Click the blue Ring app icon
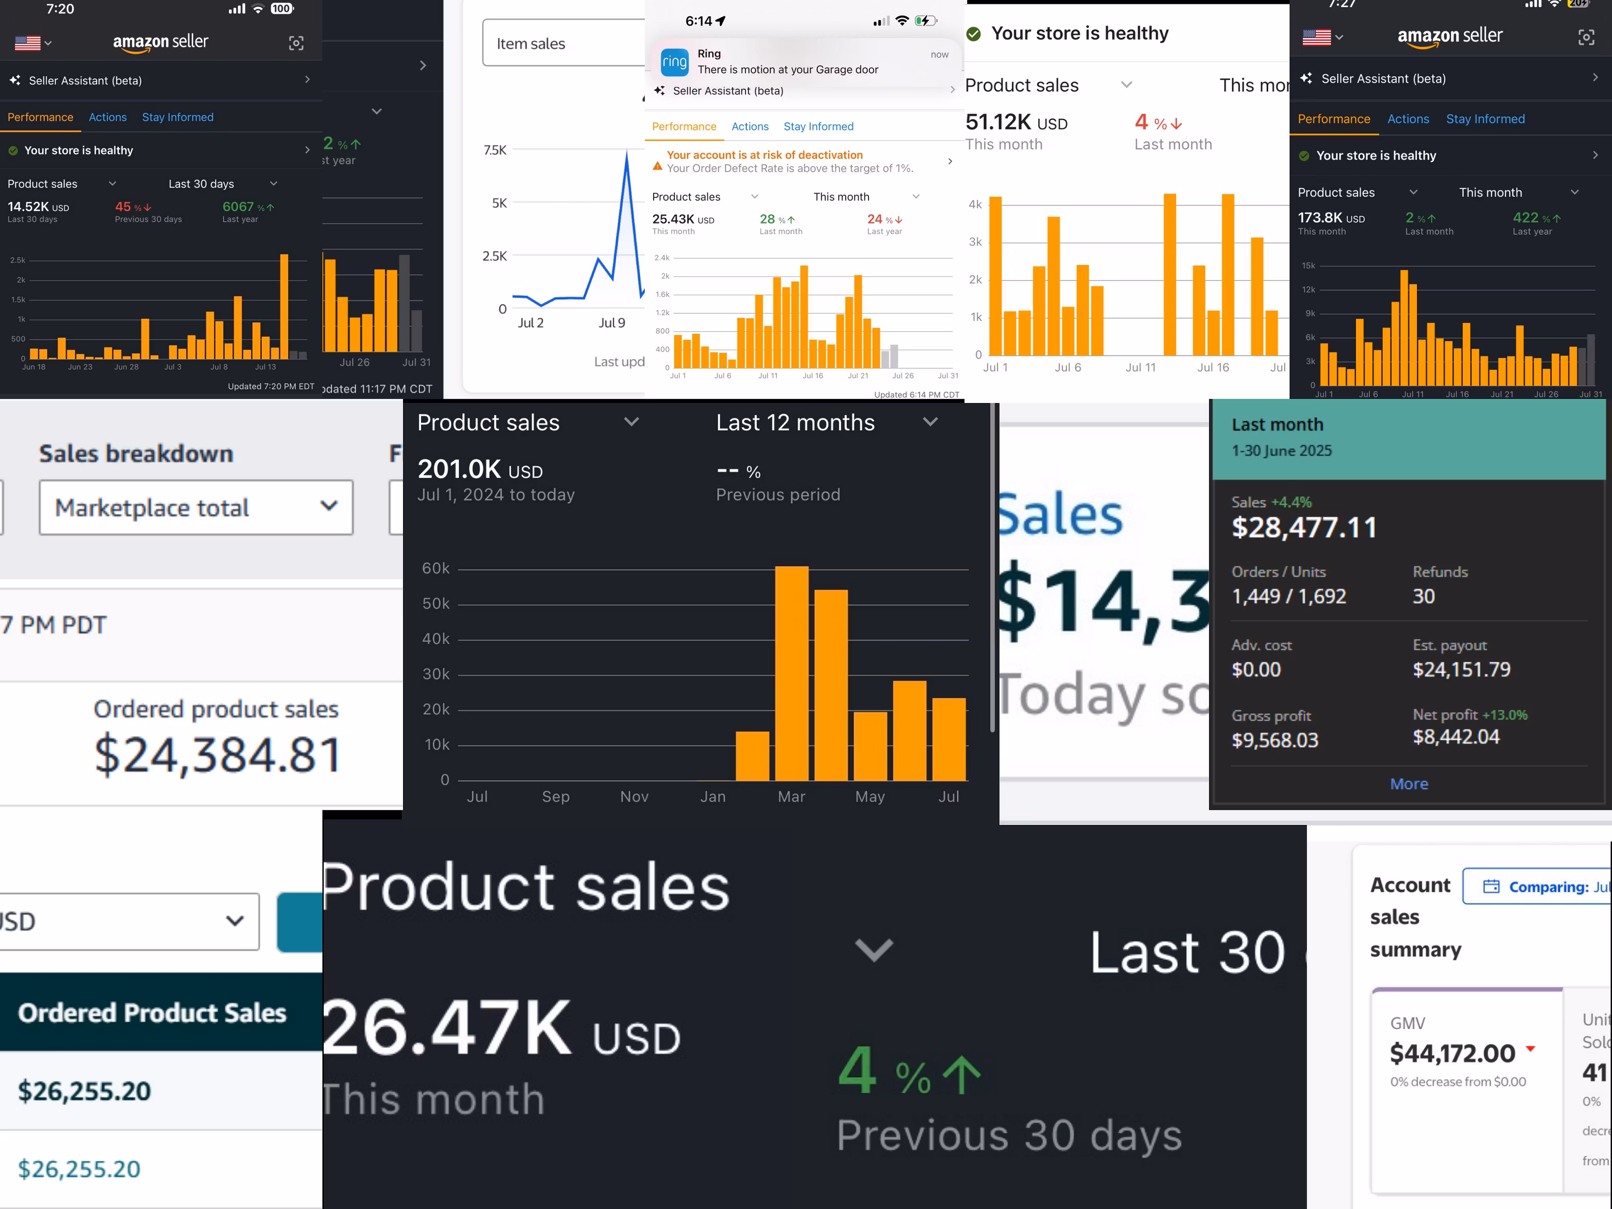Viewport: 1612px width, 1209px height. tap(674, 62)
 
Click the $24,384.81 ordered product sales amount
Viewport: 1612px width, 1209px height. tap(218, 754)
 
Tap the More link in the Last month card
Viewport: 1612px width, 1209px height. tap(1409, 784)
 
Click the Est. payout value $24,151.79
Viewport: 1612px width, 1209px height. tap(1461, 670)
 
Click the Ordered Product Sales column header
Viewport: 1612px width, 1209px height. tap(152, 1013)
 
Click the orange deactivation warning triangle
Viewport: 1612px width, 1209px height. tap(657, 166)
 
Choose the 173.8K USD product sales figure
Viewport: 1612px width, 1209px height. tap(1331, 218)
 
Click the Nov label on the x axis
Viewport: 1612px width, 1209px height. tap(634, 796)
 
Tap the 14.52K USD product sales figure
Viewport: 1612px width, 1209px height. tap(38, 207)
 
